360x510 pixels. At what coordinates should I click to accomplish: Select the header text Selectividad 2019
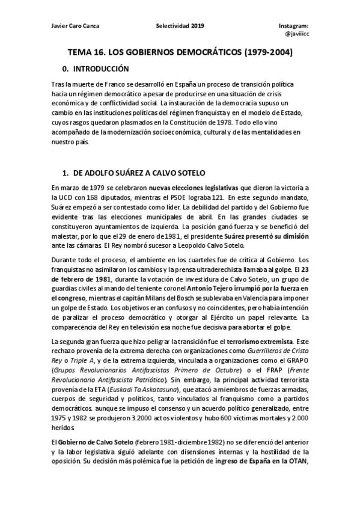click(180, 27)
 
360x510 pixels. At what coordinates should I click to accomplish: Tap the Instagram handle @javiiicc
click(296, 35)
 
